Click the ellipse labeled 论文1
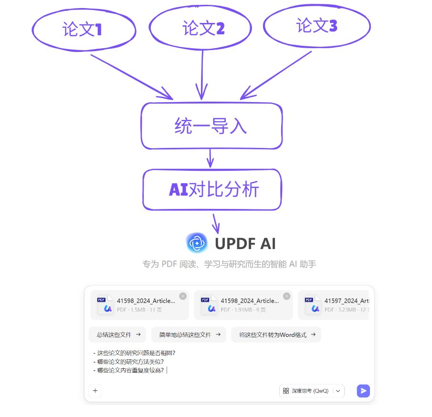click(84, 30)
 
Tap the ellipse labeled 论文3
click(317, 26)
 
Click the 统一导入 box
click(211, 126)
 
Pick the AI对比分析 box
click(212, 189)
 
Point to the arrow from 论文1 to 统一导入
click(131, 77)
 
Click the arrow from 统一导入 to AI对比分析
click(210, 159)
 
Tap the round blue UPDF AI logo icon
click(197, 243)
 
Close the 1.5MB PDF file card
click(183, 296)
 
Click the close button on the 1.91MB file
click(286, 296)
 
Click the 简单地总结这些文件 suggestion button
click(189, 334)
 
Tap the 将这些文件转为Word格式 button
click(276, 334)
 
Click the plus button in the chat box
click(95, 391)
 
